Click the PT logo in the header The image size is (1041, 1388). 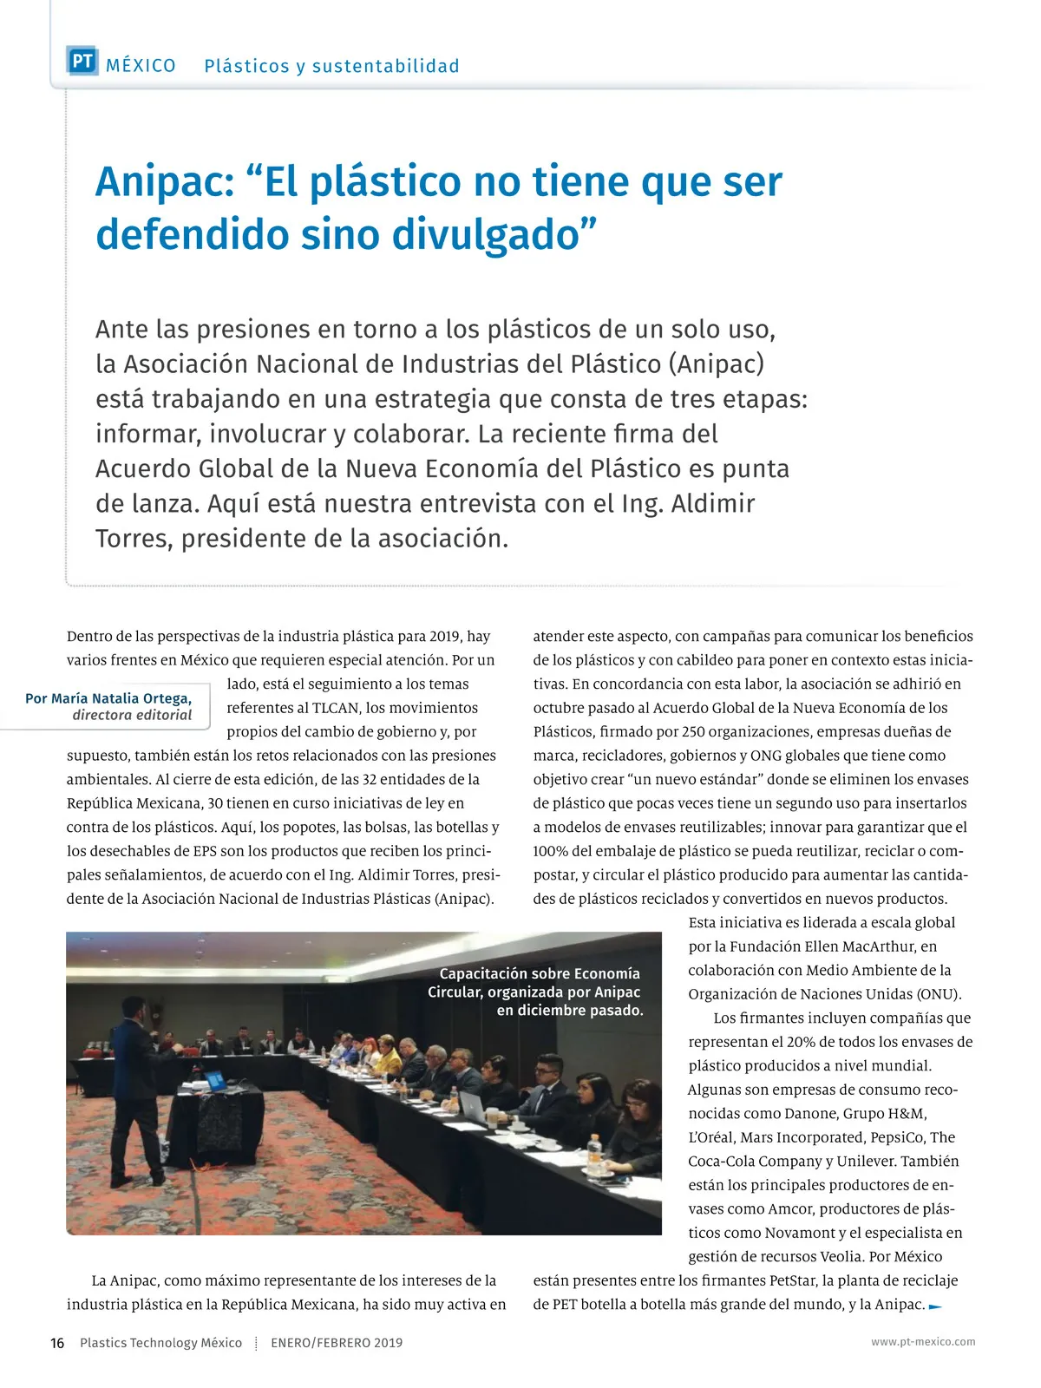point(82,62)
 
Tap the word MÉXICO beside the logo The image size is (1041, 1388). point(141,66)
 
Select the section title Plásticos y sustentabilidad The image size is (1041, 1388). point(331,66)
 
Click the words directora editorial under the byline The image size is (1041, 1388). point(132,716)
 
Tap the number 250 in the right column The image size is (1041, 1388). point(693,732)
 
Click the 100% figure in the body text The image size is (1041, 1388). point(549,851)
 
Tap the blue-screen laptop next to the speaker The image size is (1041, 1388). point(213,1081)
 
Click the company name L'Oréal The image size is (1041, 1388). point(712,1137)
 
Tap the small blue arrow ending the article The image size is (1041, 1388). point(935,1306)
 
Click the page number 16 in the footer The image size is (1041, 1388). point(57,1343)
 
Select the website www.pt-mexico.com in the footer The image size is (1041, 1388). point(923,1342)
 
